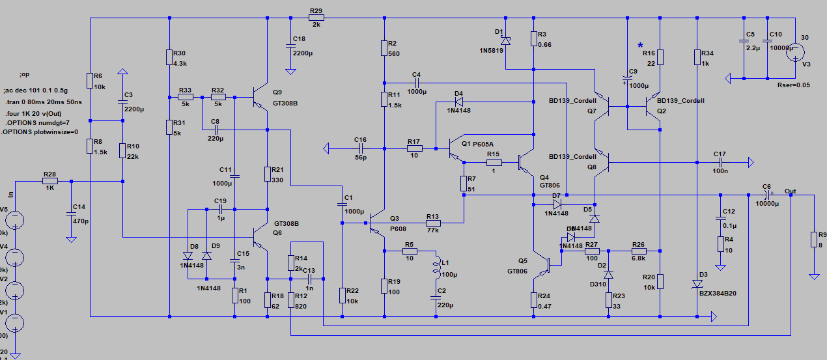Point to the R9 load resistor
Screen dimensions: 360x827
(x=813, y=240)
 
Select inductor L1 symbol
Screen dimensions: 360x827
(x=435, y=268)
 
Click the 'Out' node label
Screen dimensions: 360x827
(x=791, y=191)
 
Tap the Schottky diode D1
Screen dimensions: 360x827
(x=506, y=40)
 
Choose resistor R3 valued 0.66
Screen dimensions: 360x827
(x=534, y=39)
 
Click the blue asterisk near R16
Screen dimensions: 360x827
(x=640, y=45)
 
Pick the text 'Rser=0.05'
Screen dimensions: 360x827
(x=794, y=85)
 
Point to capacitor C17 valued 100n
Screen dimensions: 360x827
(x=720, y=161)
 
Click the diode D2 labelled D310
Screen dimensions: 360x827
(x=608, y=275)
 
